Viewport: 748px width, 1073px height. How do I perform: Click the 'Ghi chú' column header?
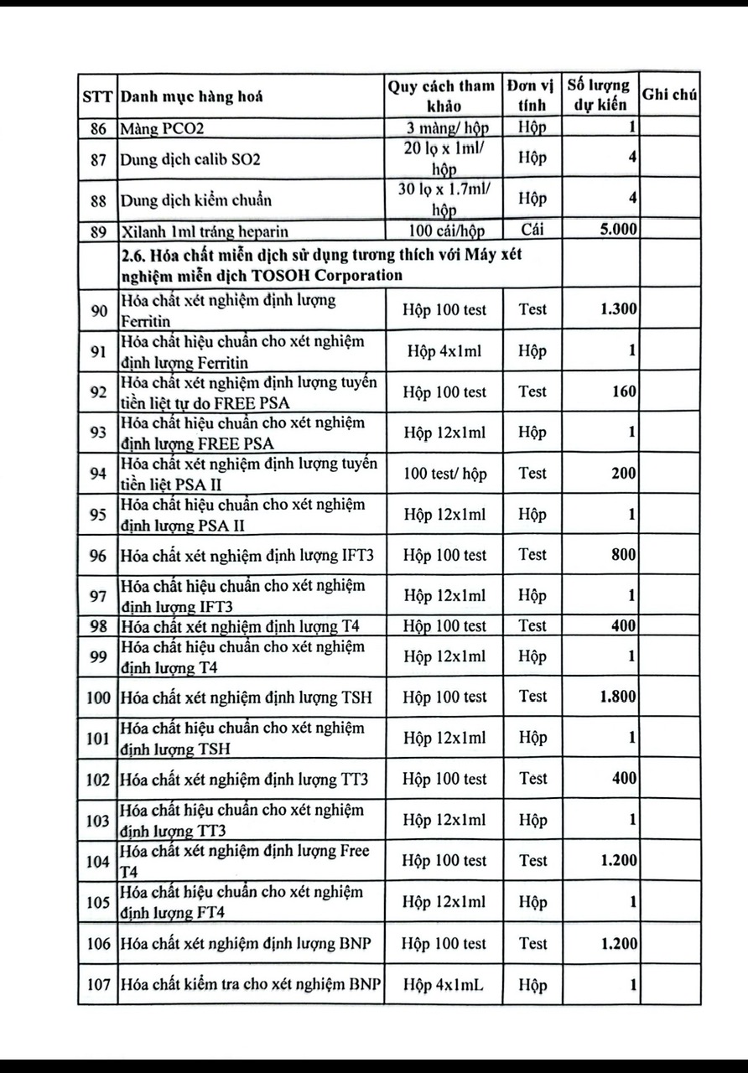(x=669, y=95)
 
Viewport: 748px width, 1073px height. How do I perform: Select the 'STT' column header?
(x=98, y=96)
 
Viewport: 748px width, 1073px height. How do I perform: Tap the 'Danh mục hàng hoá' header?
(x=191, y=96)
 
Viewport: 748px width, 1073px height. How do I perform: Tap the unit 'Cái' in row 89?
(x=532, y=230)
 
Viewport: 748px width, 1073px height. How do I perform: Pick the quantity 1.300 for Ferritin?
(x=619, y=309)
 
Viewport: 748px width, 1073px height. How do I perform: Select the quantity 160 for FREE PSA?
(x=623, y=391)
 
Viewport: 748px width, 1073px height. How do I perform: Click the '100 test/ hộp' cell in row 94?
(x=444, y=474)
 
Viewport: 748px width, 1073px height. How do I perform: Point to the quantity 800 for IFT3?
(x=623, y=554)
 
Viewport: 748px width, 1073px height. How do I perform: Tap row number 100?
(x=98, y=697)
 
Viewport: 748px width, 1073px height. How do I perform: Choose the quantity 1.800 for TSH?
(x=619, y=697)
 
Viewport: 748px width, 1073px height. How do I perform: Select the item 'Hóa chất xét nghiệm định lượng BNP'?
(x=245, y=944)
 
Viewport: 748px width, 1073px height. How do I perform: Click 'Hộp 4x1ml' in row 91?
(x=444, y=351)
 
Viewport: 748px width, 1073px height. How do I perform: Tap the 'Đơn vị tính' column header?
(x=532, y=96)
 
